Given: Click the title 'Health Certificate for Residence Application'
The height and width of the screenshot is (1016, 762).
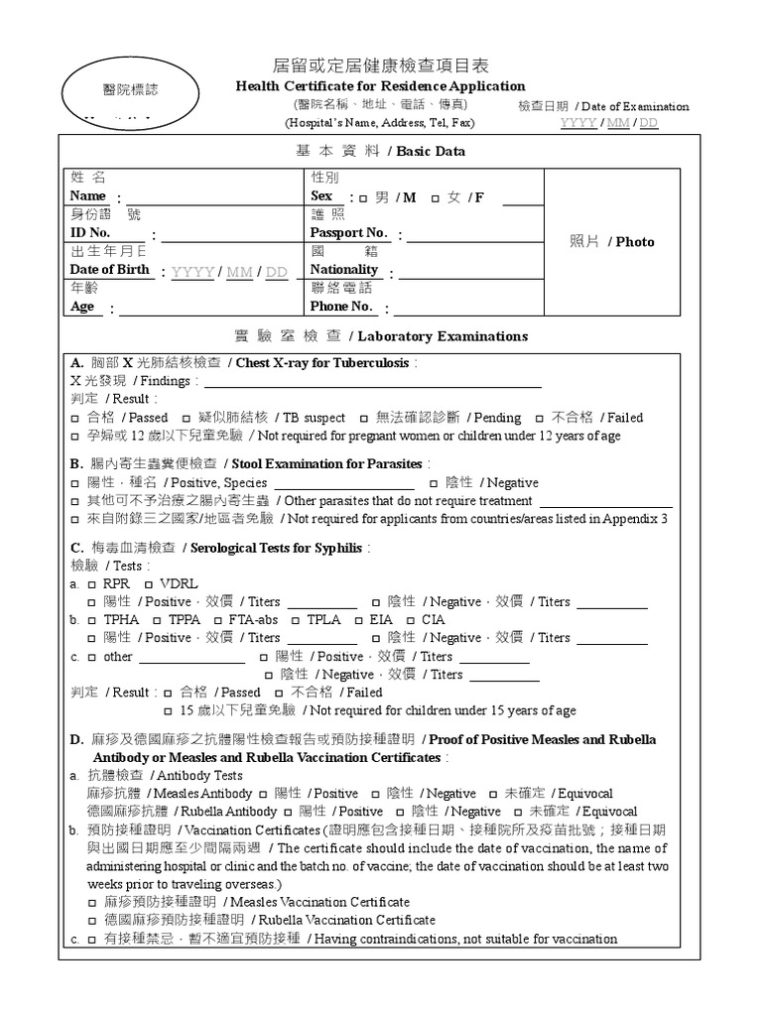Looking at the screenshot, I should coord(380,86).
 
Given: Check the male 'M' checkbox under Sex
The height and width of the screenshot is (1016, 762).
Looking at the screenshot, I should coord(363,197).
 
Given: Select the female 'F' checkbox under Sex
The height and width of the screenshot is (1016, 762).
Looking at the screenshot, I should coord(436,197).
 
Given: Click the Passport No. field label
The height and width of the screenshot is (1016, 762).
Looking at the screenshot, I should coord(348,232).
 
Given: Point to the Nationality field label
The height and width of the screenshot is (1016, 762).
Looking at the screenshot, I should coord(344,269).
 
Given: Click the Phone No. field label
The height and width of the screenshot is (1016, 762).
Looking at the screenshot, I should coord(341,306).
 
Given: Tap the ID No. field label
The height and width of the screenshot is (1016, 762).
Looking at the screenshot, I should coord(90,232).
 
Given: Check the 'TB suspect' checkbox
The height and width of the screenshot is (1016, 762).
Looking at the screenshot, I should coord(187,418).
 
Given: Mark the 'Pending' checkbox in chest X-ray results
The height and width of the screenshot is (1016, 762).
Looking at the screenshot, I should coord(364,418).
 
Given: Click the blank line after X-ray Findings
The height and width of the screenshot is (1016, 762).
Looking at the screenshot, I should coord(372,382).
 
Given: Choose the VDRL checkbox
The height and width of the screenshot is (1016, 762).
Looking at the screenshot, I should coord(148,584).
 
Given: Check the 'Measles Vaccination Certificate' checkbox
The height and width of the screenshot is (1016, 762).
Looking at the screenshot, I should coord(92,902).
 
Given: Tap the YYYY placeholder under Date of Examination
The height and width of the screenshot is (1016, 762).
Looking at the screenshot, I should coord(578,123).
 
